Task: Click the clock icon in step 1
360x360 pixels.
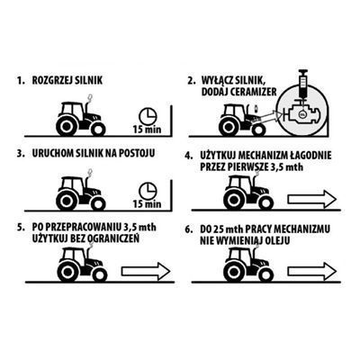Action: [x=148, y=116]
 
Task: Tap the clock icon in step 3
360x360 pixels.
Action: [x=148, y=191]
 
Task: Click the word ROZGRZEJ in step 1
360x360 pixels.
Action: [x=52, y=80]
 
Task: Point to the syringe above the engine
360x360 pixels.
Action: [x=302, y=85]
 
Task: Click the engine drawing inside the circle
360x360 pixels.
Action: [x=301, y=113]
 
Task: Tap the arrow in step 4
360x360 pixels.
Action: [x=312, y=199]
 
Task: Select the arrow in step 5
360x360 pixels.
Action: [x=146, y=272]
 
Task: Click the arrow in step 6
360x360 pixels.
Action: [x=312, y=271]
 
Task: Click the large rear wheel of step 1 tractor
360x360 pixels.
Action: [x=66, y=126]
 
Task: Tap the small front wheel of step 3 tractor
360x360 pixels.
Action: [x=98, y=203]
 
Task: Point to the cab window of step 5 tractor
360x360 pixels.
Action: [x=69, y=256]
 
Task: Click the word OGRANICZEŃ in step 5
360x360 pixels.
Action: [x=113, y=238]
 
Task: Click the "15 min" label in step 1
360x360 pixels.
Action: [x=147, y=130]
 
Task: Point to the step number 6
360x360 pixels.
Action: [x=188, y=229]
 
